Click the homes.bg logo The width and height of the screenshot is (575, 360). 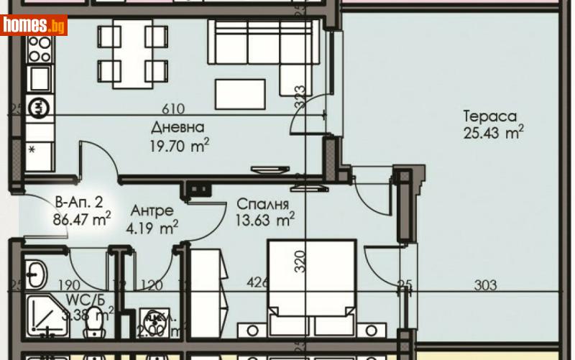point(34,25)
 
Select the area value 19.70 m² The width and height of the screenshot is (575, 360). point(180,147)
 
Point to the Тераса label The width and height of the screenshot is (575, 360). point(489,116)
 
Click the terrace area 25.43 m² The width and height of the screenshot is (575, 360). point(492,134)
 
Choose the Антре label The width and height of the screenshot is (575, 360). point(152,211)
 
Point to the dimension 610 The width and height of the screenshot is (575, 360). point(173,109)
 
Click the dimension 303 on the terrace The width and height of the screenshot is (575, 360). point(486,285)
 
